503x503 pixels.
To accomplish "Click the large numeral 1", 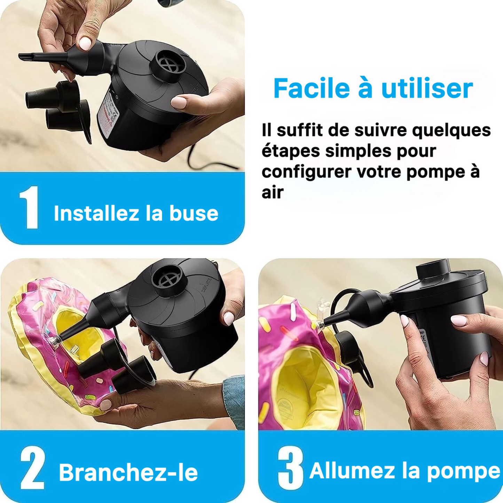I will [30, 207].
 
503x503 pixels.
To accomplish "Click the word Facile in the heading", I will [311, 88].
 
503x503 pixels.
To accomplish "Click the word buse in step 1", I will [194, 213].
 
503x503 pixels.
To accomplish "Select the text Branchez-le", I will [128, 472].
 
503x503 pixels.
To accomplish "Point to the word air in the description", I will [273, 192].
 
